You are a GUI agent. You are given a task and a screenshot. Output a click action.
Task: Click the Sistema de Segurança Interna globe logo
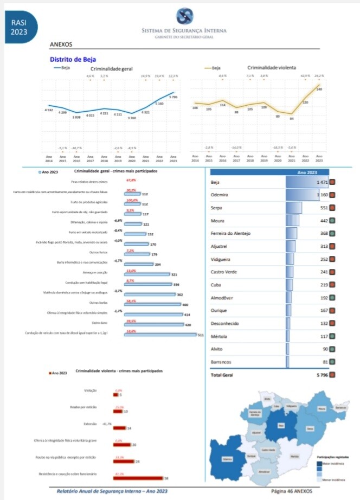(x=184, y=16)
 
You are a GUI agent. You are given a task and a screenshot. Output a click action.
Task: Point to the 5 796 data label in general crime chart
(x=173, y=97)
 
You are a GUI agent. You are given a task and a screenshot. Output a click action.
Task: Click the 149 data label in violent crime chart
(x=319, y=89)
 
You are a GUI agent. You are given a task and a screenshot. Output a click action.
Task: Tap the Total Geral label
(x=222, y=375)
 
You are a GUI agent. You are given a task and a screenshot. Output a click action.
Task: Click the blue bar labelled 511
(x=160, y=335)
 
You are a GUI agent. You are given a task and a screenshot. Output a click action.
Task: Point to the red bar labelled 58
(x=138, y=478)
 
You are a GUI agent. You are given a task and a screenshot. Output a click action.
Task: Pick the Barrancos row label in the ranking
(x=221, y=362)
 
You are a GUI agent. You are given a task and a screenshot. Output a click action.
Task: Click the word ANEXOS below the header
(x=60, y=44)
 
